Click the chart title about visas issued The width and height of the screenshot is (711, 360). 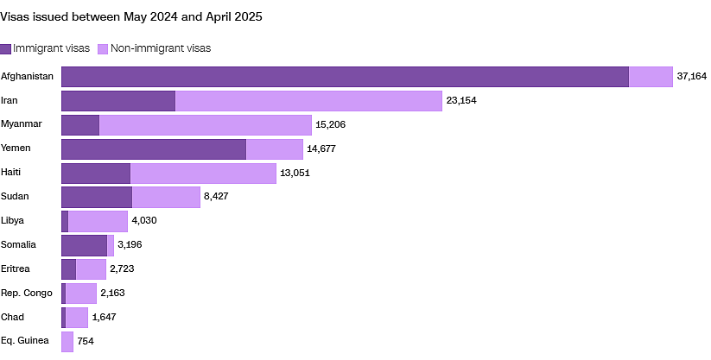131,17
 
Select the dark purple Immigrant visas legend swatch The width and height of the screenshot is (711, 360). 5,49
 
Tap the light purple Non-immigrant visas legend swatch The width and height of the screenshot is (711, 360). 103,49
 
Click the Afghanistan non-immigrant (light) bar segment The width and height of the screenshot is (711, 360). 651,77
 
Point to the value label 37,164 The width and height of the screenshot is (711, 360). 691,76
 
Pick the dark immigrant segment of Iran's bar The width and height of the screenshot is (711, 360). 118,101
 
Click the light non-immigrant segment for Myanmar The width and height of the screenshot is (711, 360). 206,124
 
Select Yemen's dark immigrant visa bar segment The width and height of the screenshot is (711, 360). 154,149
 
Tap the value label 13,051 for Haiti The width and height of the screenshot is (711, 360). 295,173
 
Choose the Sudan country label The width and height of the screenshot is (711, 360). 15,196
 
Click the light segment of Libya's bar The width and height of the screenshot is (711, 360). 98,221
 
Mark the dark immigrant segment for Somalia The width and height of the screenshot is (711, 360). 85,245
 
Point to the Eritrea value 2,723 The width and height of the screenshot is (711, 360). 122,268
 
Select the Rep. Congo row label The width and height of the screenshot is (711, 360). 26,294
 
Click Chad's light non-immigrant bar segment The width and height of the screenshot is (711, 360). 77,318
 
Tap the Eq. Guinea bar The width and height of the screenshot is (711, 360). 67,341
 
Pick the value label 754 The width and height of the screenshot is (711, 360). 86,341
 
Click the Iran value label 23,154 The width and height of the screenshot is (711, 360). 461,101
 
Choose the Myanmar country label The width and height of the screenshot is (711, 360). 22,124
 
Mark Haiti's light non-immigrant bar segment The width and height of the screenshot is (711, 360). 203,174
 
